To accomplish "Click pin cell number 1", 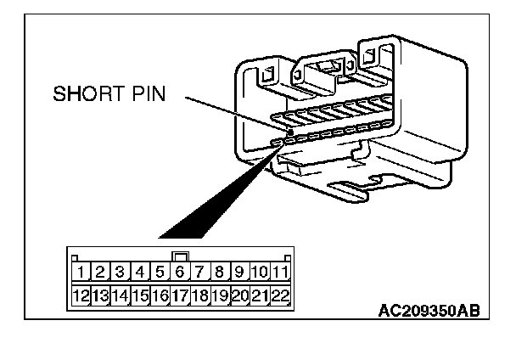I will pos(81,273).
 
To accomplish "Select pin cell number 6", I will pos(180,273).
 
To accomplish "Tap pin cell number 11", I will pos(280,273).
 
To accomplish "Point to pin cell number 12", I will pos(81,295).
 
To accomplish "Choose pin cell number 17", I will pos(180,295).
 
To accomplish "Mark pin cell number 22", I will pos(280,295).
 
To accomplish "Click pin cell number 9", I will pos(239,273).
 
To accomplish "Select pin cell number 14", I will pos(121,295).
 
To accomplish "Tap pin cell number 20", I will pos(239,295).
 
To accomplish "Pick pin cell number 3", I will pos(121,273).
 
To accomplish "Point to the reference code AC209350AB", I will pos(428,311).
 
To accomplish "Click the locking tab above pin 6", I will pos(180,255).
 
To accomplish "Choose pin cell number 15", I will pos(140,295).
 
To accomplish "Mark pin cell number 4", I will pos(140,273).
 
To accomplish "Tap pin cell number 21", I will pos(260,295).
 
